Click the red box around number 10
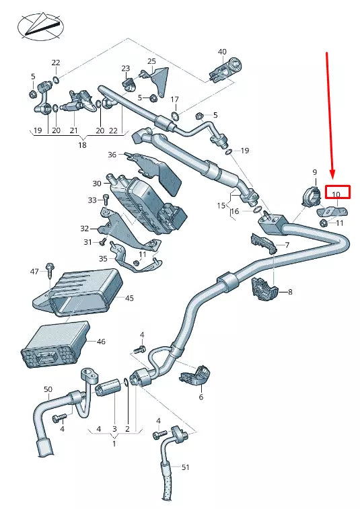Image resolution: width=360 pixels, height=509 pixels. tap(337, 194)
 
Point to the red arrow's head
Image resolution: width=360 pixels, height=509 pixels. tap(332, 177)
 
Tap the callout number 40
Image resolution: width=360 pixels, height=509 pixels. tap(222, 52)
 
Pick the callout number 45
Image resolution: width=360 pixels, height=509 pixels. tap(129, 298)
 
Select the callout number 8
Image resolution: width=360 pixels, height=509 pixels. tap(290, 292)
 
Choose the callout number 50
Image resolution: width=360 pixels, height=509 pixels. tap(48, 389)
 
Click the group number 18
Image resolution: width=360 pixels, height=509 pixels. tap(82, 145)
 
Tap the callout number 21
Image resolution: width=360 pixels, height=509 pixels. tap(73, 130)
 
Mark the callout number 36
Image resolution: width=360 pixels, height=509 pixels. tap(112, 155)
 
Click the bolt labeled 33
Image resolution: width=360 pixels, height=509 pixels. tap(105, 200)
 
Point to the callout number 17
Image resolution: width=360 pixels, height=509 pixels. tap(174, 100)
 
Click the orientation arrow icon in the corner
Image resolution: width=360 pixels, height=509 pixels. tap(40, 26)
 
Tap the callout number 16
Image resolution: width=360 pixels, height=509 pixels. tap(234, 211)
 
